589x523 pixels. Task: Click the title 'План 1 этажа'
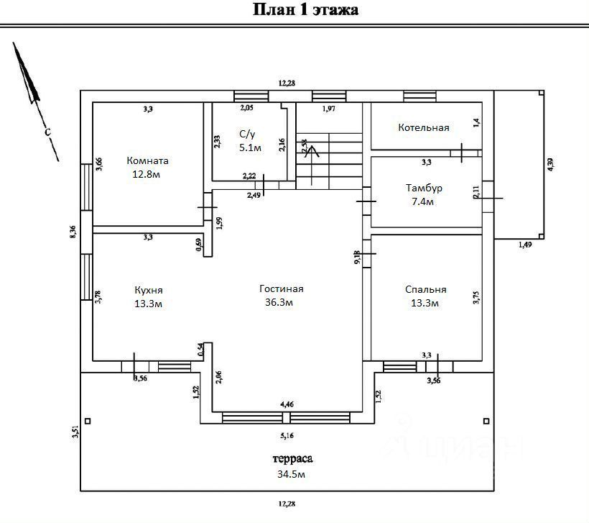pos(305,9)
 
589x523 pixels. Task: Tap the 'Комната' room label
pos(147,160)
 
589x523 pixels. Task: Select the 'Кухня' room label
pos(149,290)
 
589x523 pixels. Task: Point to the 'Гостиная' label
pos(282,288)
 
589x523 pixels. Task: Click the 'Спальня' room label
pos(425,289)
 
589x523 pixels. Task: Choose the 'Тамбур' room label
pos(424,188)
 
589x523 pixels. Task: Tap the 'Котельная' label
pos(424,127)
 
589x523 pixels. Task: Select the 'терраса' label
pos(292,458)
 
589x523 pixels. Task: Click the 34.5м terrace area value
pos(292,474)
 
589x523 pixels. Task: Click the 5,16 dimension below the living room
pos(287,435)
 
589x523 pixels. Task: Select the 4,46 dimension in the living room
pos(287,404)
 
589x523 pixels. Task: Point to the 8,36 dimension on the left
pos(73,232)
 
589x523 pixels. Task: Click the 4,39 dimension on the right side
pos(550,164)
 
